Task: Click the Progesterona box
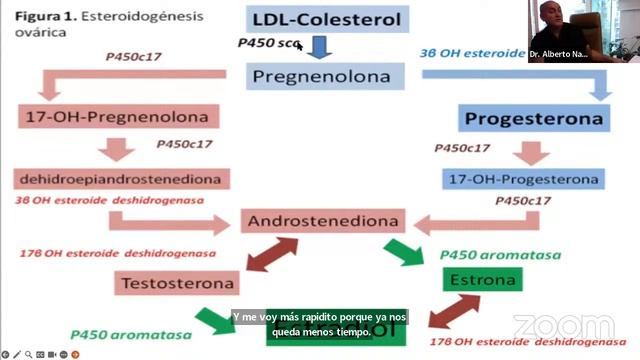pos(535,119)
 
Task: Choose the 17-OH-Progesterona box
pos(523,180)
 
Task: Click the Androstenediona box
pos(323,221)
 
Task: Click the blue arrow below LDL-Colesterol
pos(318,48)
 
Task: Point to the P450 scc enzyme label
pos(268,44)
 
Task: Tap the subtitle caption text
pos(320,324)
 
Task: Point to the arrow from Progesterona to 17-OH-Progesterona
pos(526,151)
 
